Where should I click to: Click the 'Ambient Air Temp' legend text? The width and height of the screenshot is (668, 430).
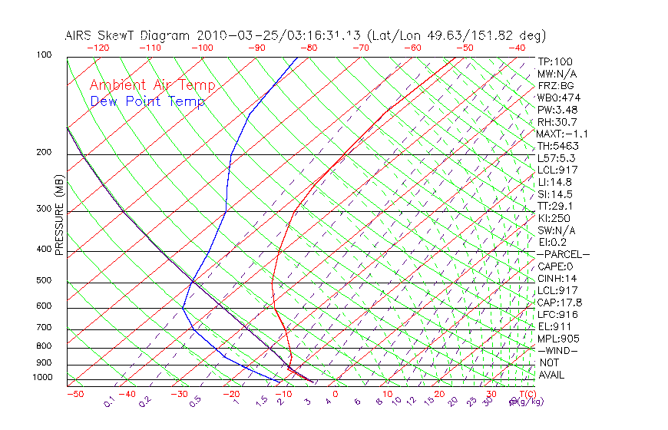pos(152,85)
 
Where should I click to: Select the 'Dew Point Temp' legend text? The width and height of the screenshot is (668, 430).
pos(147,101)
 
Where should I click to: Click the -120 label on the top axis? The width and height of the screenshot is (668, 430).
pos(97,47)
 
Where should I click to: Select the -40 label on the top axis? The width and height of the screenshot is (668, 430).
pos(517,47)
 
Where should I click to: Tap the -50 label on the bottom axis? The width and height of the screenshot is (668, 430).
pos(74,394)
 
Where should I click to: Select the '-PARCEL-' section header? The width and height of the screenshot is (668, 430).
pos(564,254)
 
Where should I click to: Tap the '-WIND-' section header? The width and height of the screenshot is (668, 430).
pos(558,350)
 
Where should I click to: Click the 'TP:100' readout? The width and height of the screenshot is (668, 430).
pos(554,61)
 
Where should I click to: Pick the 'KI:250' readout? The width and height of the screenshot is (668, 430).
pos(554,218)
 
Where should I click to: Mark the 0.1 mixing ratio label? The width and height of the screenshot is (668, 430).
pos(109,402)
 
